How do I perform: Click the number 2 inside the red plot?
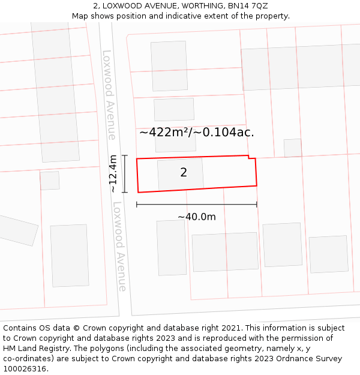184,173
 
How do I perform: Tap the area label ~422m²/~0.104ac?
197,133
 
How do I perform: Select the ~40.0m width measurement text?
197,217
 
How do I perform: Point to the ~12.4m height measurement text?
113,174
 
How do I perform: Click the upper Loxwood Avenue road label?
109,95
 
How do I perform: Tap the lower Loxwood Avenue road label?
119,246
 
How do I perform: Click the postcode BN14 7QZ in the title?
247,6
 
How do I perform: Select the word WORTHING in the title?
200,6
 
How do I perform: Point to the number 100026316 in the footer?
24,369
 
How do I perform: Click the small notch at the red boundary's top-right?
252,158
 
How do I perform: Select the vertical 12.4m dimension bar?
125,174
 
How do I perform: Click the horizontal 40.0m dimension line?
197,205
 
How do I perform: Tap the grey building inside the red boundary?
180,174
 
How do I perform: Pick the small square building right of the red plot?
293,148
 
